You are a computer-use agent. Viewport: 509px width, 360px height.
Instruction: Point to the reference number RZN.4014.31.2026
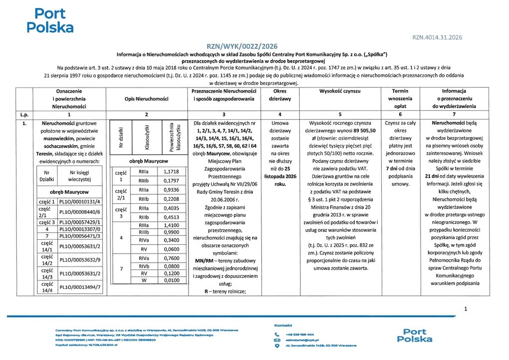(x=437, y=37)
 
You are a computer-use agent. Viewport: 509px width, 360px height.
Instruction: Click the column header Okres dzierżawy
(x=283, y=95)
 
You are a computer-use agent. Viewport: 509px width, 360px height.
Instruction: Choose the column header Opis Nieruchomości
(x=146, y=99)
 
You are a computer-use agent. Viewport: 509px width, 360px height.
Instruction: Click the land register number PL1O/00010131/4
(x=80, y=202)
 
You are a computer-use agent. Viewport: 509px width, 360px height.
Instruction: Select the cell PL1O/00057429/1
(x=80, y=222)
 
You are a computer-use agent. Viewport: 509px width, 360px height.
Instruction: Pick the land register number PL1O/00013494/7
(x=80, y=286)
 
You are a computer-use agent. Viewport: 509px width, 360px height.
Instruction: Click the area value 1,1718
(x=171, y=172)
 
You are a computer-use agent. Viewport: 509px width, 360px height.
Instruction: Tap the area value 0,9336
(x=171, y=189)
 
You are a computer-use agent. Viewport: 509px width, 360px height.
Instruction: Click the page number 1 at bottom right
(x=465, y=309)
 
